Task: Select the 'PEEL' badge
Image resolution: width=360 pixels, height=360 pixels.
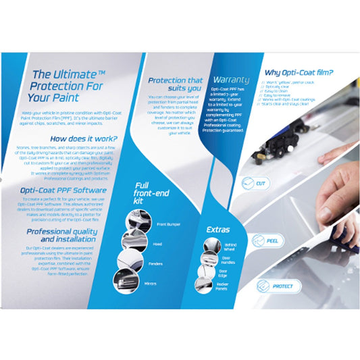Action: point(261,239)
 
